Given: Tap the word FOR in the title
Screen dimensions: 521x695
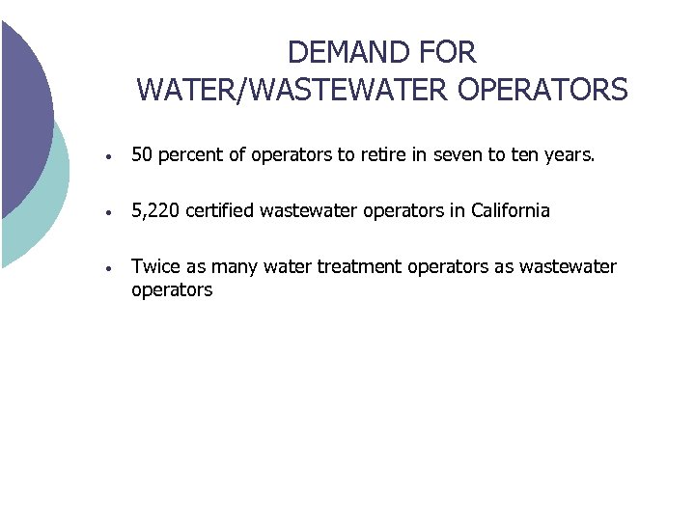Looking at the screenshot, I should tap(446, 51).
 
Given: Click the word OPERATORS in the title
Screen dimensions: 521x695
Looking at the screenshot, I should tap(544, 90).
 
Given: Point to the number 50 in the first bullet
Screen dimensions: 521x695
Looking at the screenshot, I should tap(142, 154).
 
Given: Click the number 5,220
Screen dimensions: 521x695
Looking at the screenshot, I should tap(155, 210).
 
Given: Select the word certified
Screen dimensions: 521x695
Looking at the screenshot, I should tap(221, 210).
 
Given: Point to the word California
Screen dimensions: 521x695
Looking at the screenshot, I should tap(510, 210).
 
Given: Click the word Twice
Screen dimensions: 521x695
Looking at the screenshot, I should tap(155, 267).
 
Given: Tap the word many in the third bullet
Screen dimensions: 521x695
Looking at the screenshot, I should tap(243, 267).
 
